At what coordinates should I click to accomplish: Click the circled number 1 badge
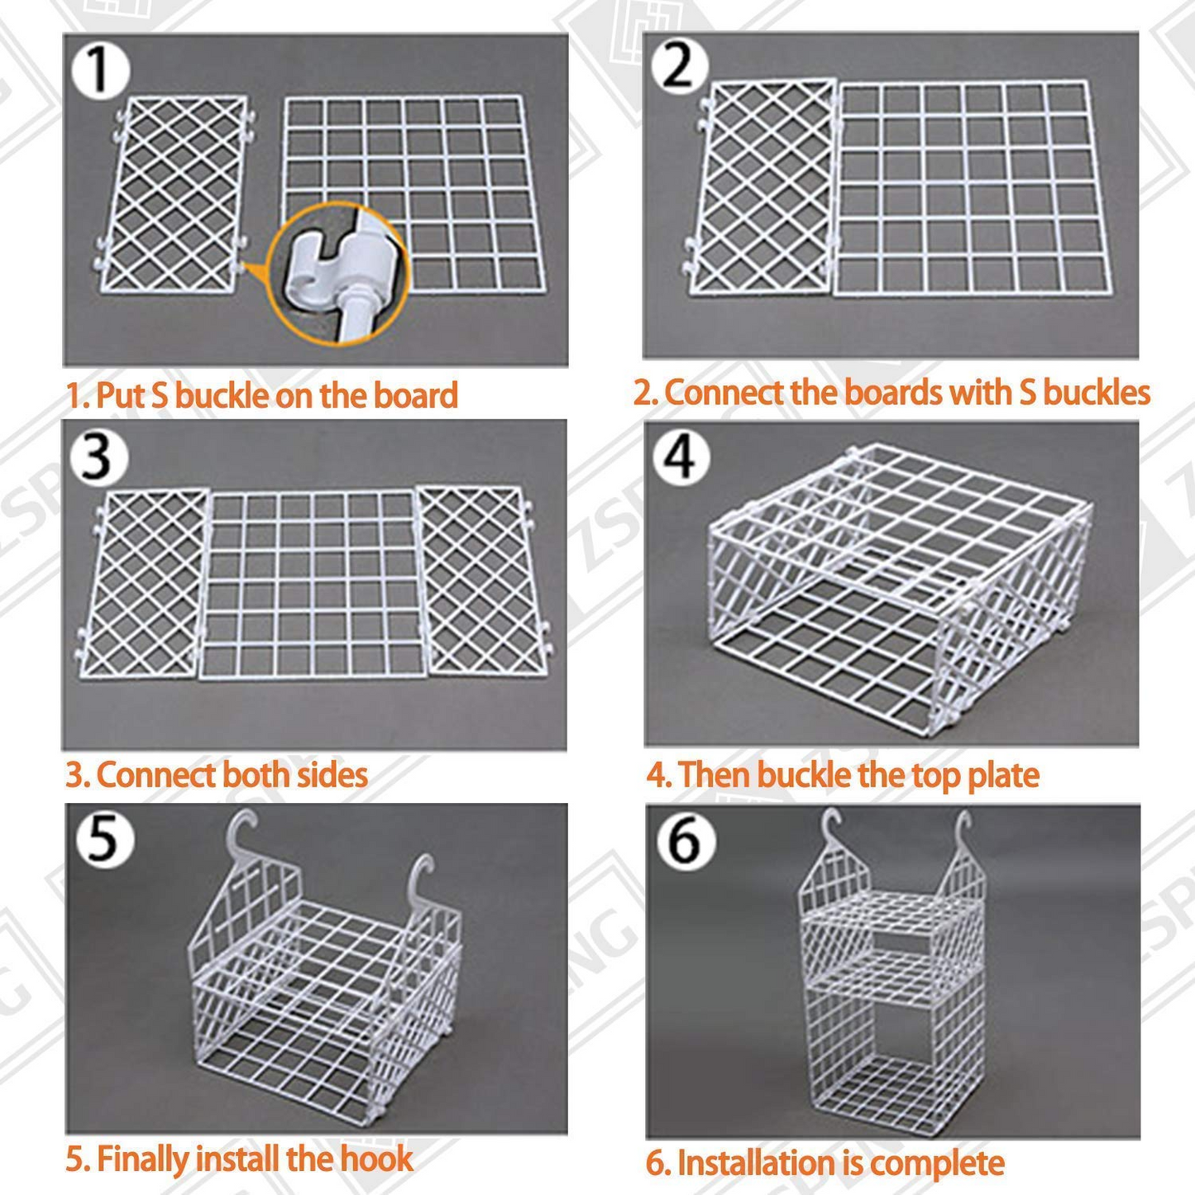pos(99,69)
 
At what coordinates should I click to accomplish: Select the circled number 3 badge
pos(98,456)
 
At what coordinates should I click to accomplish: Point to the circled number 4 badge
pos(681,456)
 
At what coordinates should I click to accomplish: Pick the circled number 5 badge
pos(103,839)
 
